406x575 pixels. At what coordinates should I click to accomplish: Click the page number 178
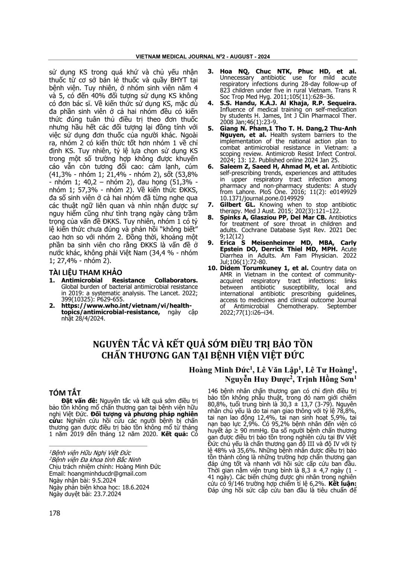pyautogui.click(x=54, y=513)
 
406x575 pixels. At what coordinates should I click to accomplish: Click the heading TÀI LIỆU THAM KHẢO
pyautogui.click(x=86, y=272)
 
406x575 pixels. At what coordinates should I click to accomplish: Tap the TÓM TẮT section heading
pyautogui.click(x=65, y=393)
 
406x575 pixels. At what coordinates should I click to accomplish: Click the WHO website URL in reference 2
pyautogui.click(x=127, y=309)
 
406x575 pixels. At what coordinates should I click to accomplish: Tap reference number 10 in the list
pyautogui.click(x=212, y=268)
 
